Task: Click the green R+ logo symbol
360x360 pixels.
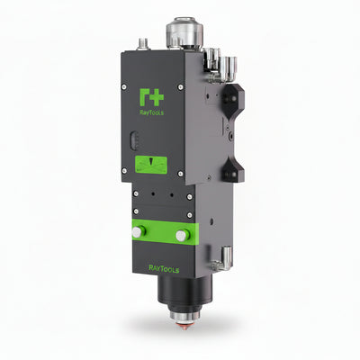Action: coord(151,97)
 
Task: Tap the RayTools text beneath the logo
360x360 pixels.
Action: coord(152,112)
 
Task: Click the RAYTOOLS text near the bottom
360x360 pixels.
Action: coord(164,269)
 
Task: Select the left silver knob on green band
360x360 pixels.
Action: coord(138,232)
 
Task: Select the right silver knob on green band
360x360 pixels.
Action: coord(182,235)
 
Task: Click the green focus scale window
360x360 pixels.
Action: coord(151,164)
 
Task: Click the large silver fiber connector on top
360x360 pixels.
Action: coord(184,32)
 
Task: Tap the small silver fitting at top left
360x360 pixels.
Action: coord(141,44)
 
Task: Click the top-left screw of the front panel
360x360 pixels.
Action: coord(124,87)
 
